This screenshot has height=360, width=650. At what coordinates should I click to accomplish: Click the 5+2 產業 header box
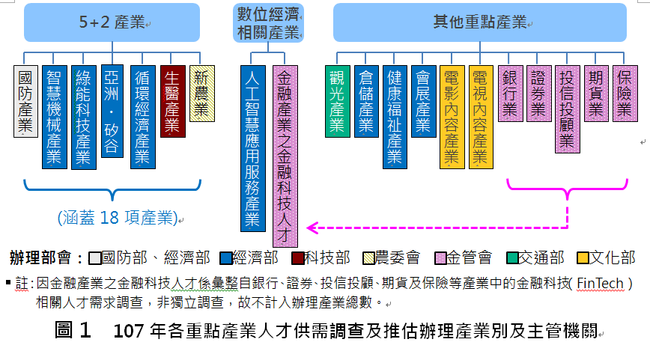[112, 22]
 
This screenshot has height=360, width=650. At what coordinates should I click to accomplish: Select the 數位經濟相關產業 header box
[268, 22]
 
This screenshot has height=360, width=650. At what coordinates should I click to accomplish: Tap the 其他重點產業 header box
[479, 22]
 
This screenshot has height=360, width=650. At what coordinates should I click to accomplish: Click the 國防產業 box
[25, 101]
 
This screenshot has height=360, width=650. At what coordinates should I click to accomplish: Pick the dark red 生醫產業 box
[172, 101]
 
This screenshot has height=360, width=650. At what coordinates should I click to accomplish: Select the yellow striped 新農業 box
[202, 94]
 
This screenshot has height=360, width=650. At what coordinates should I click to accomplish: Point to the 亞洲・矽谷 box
[112, 111]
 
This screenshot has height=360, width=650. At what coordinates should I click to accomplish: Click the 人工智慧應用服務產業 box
[253, 148]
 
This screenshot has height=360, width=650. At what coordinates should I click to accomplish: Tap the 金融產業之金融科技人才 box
[285, 156]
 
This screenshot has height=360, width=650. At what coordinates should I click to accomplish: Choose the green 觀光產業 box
[338, 101]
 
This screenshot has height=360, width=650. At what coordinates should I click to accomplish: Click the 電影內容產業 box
[452, 117]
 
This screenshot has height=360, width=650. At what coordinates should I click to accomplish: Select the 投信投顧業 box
[567, 109]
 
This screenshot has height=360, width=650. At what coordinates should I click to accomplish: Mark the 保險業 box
[625, 94]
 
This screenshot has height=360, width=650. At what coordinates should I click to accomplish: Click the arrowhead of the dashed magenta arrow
[310, 228]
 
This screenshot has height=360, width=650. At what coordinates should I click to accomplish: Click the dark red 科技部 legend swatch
[297, 258]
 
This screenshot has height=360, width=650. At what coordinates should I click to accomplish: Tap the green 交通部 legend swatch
[512, 258]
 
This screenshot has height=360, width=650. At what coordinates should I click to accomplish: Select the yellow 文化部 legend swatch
[583, 258]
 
